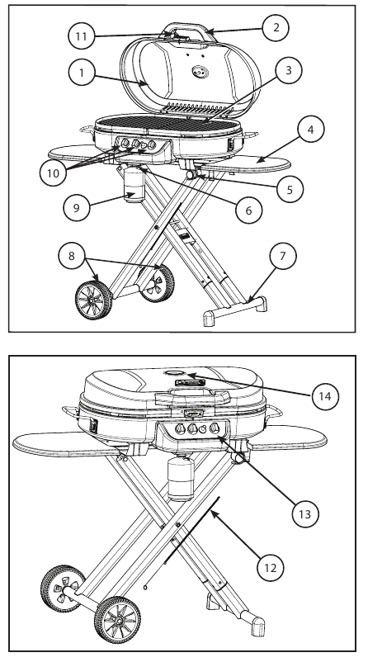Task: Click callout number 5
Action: pyautogui.click(x=285, y=188)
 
